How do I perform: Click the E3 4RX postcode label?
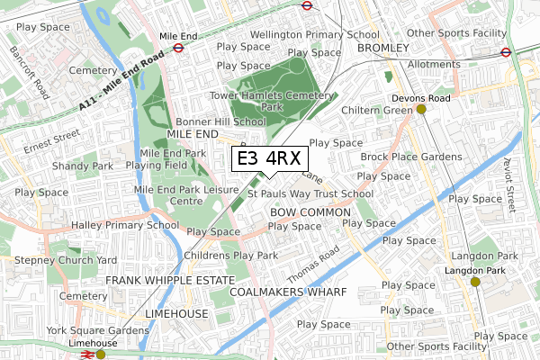pos(268,159)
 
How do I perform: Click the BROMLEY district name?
pos(383,47)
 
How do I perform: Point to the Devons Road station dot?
pos(420,110)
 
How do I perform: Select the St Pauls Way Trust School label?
pos(310,193)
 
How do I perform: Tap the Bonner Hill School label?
pos(220,121)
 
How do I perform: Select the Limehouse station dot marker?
pos(101,355)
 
